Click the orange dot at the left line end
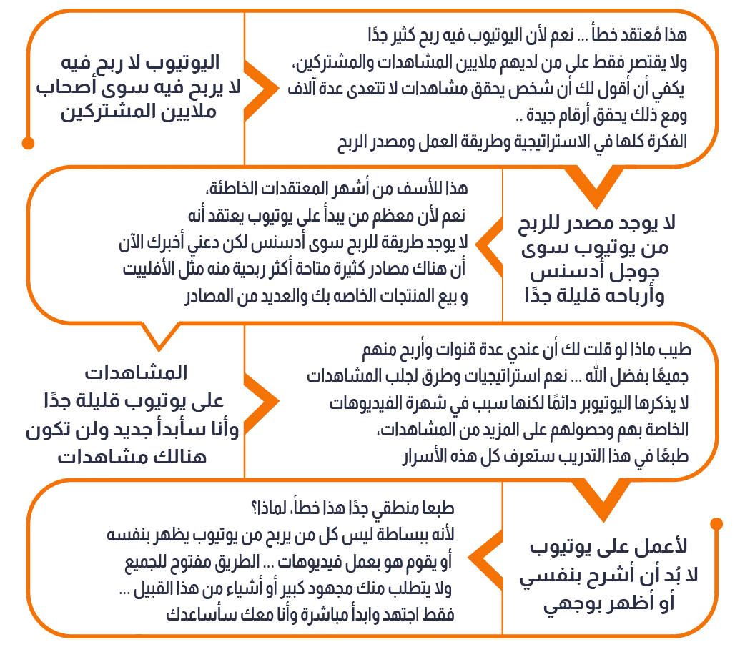pos(28,144)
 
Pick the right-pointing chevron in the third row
pos(261,401)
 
